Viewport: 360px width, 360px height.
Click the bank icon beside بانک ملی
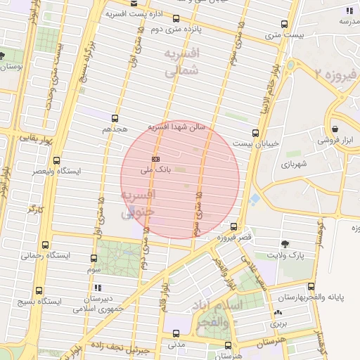point(155,159)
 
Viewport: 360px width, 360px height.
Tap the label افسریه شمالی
point(181,62)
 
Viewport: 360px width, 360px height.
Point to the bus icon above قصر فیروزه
point(233,226)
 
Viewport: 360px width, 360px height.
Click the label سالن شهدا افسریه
point(176,127)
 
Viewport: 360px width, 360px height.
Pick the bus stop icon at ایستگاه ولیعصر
point(56,160)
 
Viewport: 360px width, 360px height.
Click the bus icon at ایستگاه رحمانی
point(46,245)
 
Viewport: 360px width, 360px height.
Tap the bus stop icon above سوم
point(94,258)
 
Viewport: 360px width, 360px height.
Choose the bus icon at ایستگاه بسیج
point(38,290)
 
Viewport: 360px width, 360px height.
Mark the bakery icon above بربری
point(279,314)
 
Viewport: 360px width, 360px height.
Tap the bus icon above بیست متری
point(283,22)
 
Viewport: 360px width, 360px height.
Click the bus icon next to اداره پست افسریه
point(176,19)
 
